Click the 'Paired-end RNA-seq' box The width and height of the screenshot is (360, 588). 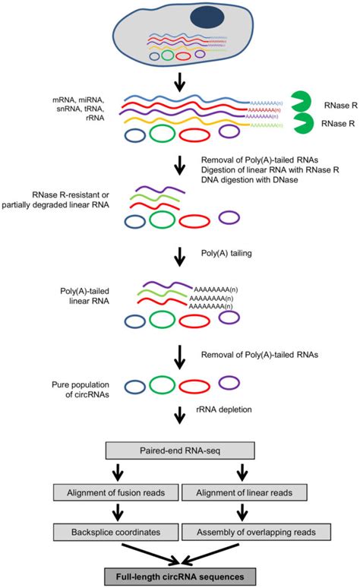pyautogui.click(x=180, y=450)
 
